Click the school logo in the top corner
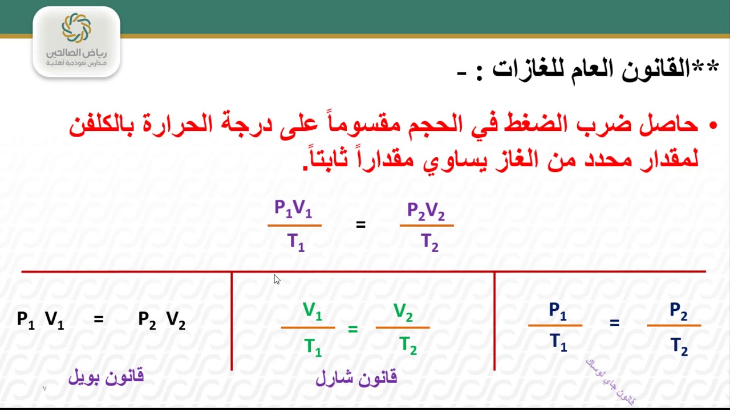point(76,41)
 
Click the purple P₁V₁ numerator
point(293,209)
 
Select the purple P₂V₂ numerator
point(426,211)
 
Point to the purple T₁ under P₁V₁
point(296,243)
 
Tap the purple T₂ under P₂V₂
point(429,243)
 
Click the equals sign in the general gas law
point(360,225)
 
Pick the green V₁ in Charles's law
point(313,311)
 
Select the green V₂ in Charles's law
point(403,313)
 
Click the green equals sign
point(353,329)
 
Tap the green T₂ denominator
point(408,346)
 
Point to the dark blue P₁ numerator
point(558,311)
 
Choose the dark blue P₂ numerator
point(679,311)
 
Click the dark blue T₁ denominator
point(558,342)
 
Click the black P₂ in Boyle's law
point(147,320)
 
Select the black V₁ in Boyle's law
point(54,320)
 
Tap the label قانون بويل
point(106,376)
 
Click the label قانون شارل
point(356,378)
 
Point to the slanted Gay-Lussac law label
point(610,381)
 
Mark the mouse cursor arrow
point(277,279)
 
